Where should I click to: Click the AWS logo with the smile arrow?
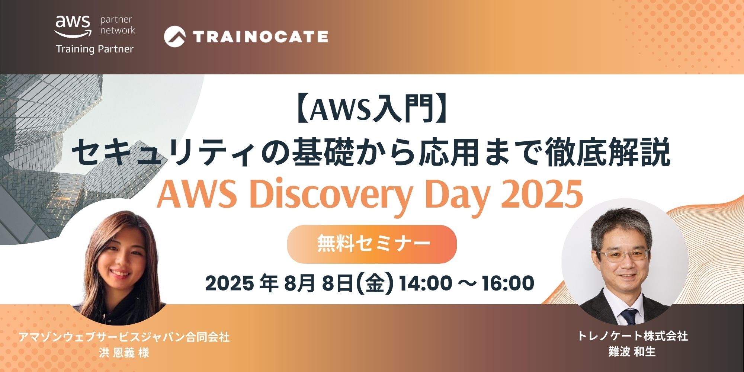coord(73,26)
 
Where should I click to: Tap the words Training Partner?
coord(94,49)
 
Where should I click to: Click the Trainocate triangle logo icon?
coord(175,36)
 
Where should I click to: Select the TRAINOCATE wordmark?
coord(260,36)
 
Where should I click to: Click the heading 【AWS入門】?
coord(372,110)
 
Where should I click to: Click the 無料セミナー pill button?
coord(372,244)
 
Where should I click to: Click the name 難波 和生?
coord(632,352)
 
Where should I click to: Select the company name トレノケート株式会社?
coord(632,336)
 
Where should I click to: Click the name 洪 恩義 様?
coord(124,352)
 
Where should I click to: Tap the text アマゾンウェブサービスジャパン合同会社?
coord(124,337)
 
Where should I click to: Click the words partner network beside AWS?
coord(118,25)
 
